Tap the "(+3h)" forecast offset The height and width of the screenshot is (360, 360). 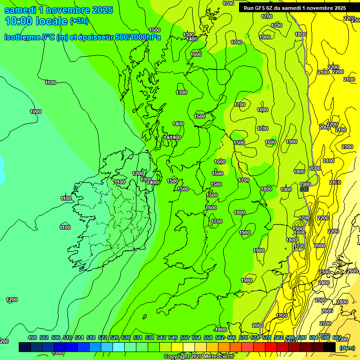(79, 21)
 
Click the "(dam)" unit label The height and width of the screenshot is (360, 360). (347, 348)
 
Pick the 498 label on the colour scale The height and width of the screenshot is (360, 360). (32, 337)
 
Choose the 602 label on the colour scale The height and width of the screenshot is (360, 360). (337, 337)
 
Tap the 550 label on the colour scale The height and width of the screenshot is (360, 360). (185, 337)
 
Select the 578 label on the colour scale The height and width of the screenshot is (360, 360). (267, 337)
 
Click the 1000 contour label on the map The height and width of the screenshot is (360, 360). (36, 112)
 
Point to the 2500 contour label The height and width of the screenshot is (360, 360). (321, 300)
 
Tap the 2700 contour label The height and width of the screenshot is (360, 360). (325, 323)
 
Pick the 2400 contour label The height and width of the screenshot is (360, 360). (324, 283)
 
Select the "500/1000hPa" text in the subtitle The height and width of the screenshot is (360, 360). (139, 37)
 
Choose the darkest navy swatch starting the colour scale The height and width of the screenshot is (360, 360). (25, 347)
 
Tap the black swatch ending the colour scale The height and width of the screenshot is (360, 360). (330, 347)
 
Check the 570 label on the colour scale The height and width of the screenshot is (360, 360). (243, 337)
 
